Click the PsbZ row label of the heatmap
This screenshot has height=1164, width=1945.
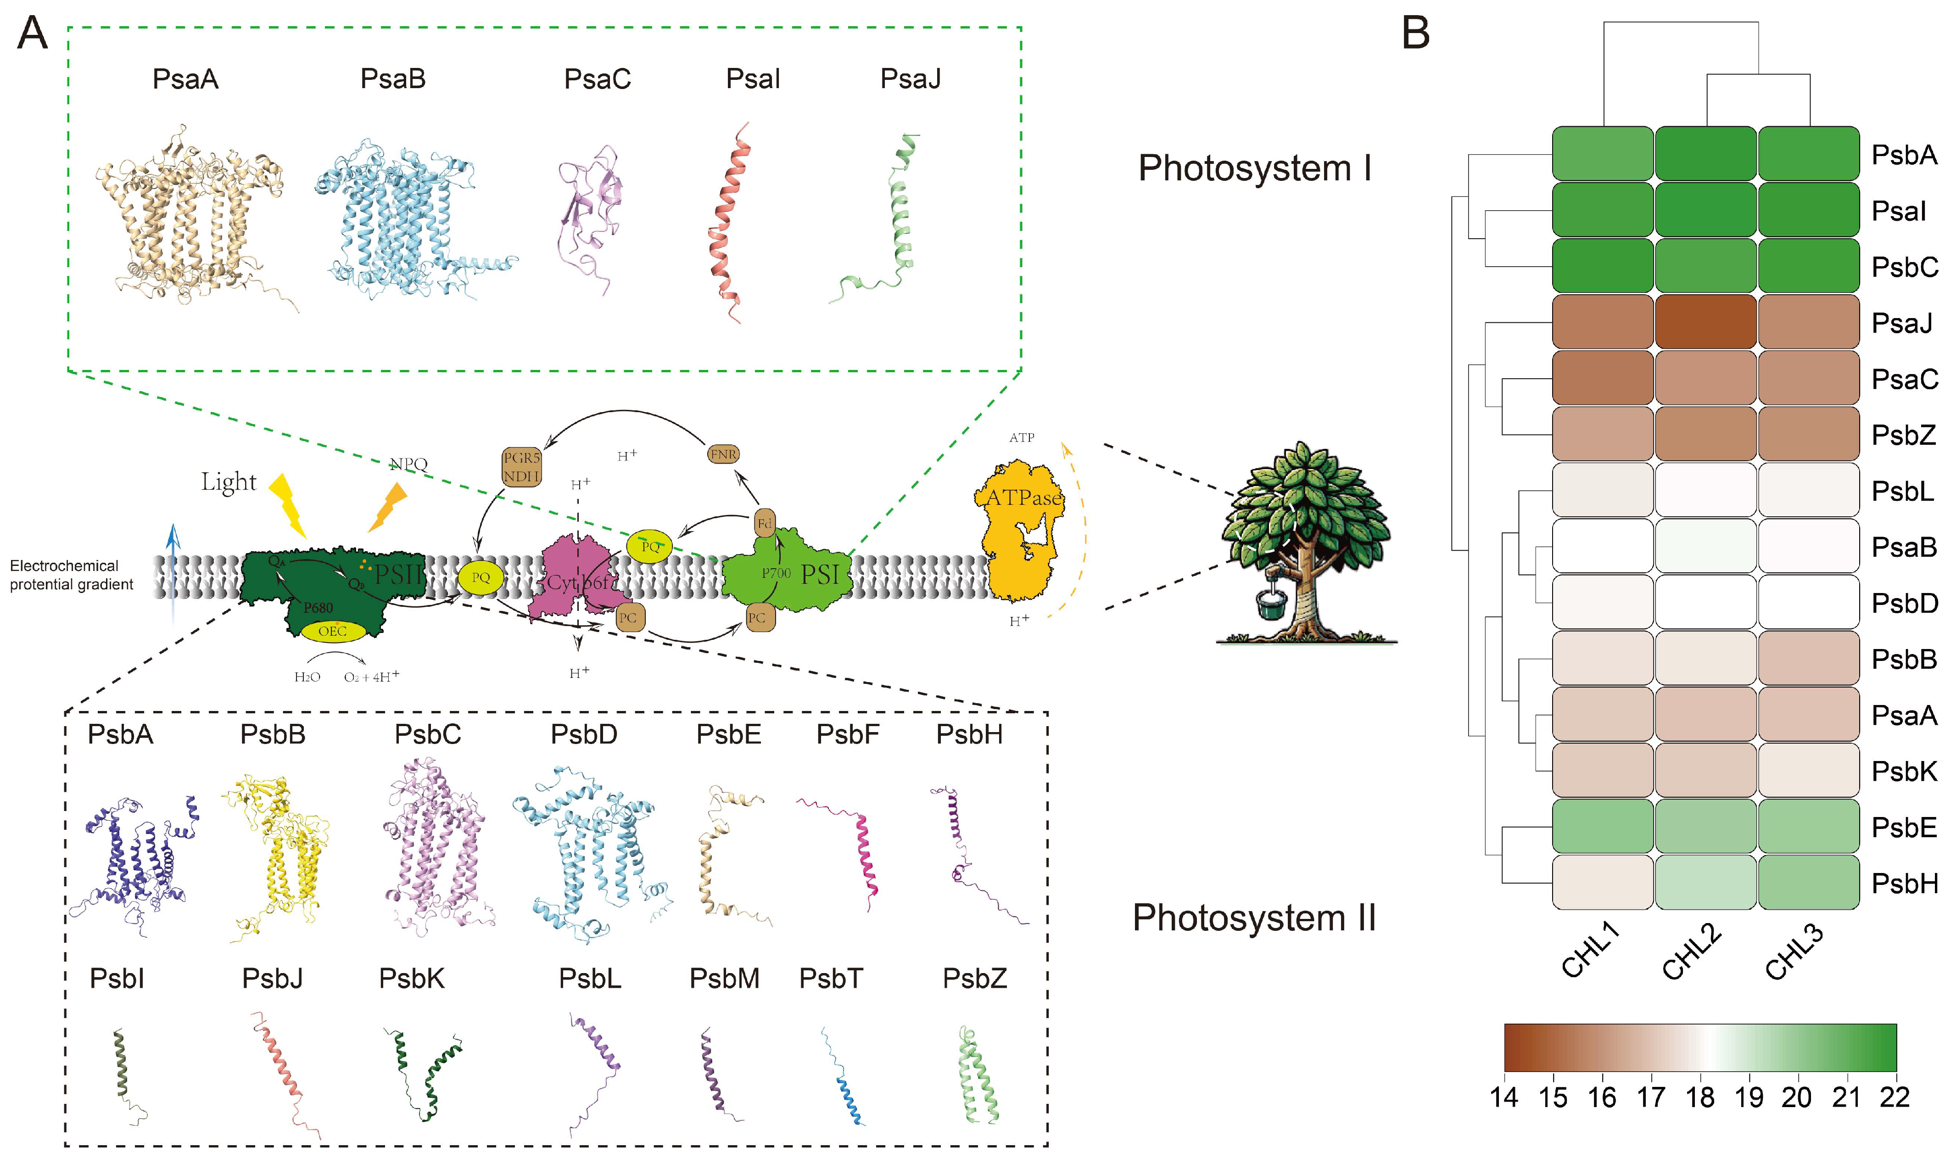[x=1903, y=435]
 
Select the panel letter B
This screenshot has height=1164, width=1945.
[x=1416, y=34]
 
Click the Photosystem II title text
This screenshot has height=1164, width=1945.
[x=1253, y=918]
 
